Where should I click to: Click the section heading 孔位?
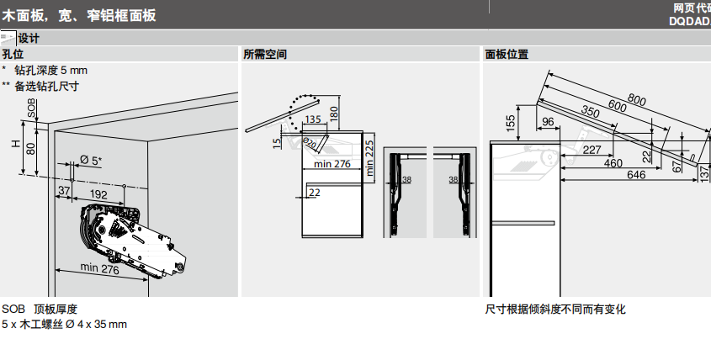tap(13, 55)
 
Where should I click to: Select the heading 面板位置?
tap(507, 55)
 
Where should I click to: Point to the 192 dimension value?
tap(99, 194)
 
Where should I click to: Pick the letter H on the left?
tap(14, 144)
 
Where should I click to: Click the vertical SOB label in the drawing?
tap(31, 107)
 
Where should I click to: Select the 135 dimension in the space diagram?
tap(314, 120)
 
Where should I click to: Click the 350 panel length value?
tap(590, 113)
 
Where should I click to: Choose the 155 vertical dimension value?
tap(510, 123)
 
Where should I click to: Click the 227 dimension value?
tap(592, 151)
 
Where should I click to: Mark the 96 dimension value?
tap(548, 122)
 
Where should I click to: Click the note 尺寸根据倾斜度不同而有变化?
tap(555, 310)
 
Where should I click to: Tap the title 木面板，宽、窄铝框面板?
tap(79, 15)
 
